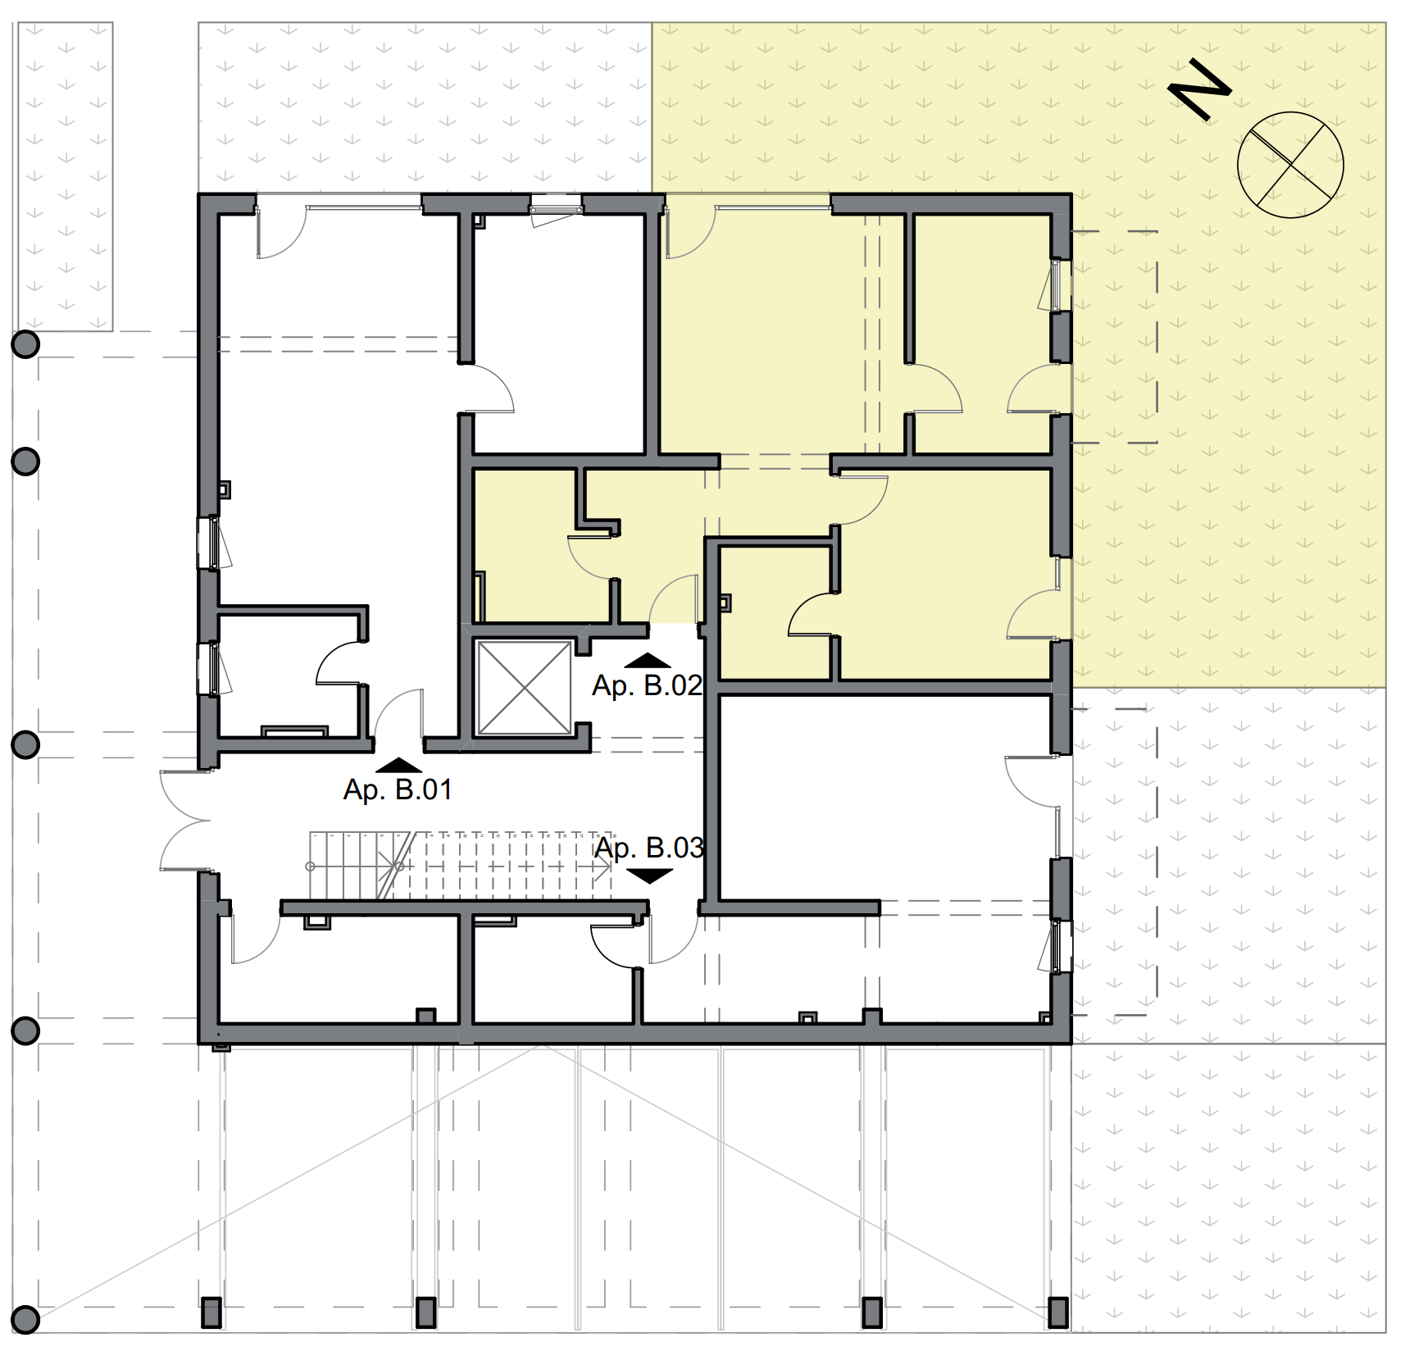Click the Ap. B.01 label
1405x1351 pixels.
tap(398, 789)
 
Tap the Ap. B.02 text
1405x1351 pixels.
tap(648, 685)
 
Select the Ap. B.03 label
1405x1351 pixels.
tap(649, 848)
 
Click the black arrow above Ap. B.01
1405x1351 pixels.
tap(399, 766)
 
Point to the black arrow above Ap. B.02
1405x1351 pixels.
tap(648, 661)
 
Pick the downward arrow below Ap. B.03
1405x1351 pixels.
tap(649, 876)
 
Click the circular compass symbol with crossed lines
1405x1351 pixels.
tap(1290, 165)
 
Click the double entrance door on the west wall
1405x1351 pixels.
tap(185, 820)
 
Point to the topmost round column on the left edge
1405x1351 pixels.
tap(25, 344)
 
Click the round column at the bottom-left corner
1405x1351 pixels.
tap(25, 1320)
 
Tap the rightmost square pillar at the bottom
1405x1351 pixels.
tap(1059, 1312)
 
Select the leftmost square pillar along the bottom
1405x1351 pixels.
tap(211, 1312)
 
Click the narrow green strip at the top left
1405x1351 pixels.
tap(66, 176)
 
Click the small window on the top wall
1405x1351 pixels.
tap(556, 204)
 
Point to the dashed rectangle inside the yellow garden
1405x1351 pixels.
tap(1115, 337)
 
